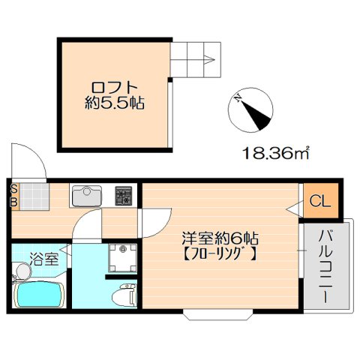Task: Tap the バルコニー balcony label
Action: (325, 266)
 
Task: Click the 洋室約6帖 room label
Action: (220, 239)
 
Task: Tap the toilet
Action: (121, 294)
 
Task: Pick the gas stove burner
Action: (124, 197)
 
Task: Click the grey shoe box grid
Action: (33, 196)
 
